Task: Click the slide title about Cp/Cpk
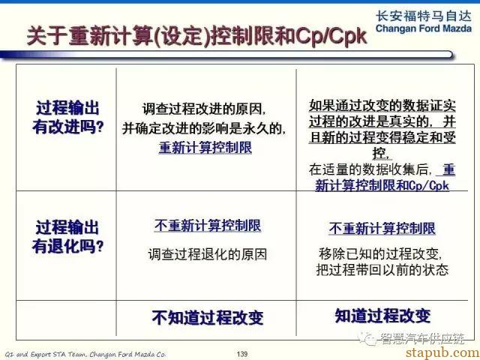point(196,37)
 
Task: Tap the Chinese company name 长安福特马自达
point(423,16)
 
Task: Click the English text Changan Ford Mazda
point(423,28)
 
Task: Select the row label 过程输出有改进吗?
point(68,117)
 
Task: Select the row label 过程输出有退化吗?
point(68,236)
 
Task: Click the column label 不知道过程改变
point(208,317)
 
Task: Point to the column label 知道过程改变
point(382,316)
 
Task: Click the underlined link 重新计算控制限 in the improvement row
point(205,148)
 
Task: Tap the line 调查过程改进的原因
point(204,109)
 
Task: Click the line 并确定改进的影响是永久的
point(204,128)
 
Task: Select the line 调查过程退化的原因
point(208,254)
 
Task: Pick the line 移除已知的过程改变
point(380,253)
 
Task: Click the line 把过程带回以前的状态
point(382,269)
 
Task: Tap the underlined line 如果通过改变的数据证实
point(382,106)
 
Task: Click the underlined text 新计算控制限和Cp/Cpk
point(382,185)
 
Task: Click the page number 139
point(241,354)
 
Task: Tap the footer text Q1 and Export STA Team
point(46,354)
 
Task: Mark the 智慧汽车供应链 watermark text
point(422,338)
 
